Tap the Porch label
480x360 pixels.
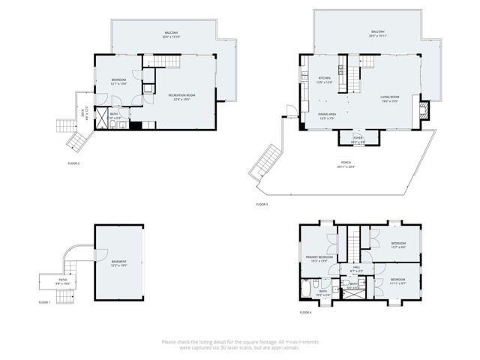click(x=346, y=163)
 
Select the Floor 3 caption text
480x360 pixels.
click(x=262, y=204)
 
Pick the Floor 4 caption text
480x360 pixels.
click(x=305, y=311)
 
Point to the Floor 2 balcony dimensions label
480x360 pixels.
click(x=171, y=35)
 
